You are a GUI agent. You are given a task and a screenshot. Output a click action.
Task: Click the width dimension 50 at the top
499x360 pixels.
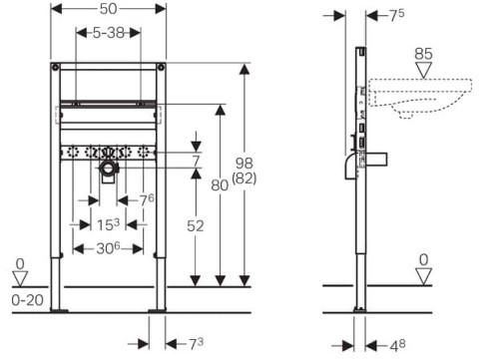(108, 8)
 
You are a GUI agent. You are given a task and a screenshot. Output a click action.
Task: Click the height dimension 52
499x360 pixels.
(197, 226)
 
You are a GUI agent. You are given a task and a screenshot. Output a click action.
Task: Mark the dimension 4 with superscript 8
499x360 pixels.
(396, 345)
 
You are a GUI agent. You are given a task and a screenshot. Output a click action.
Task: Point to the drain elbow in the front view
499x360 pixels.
(108, 174)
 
